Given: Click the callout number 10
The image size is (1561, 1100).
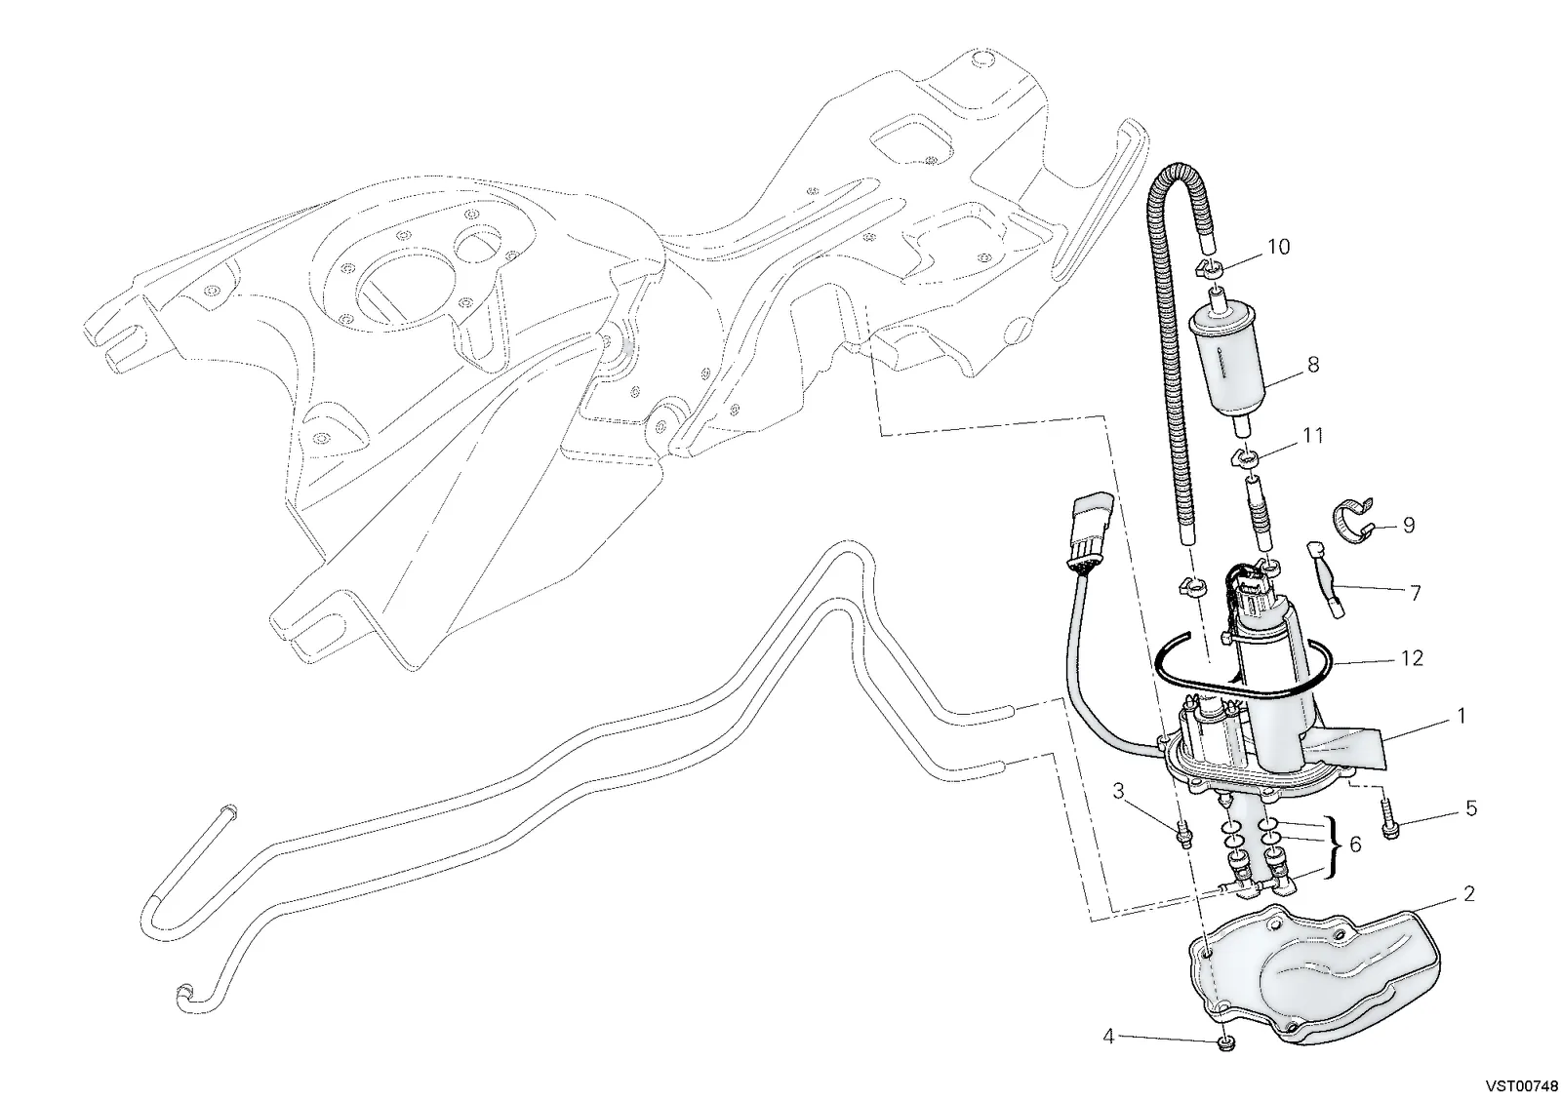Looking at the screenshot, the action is pyautogui.click(x=1278, y=247).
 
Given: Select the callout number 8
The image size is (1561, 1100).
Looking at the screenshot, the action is pyautogui.click(x=1313, y=365).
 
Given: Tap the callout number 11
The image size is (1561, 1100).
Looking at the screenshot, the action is pyautogui.click(x=1313, y=436).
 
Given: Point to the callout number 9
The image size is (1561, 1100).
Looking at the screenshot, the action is pyautogui.click(x=1409, y=526).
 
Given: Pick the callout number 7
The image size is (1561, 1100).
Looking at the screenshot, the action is pyautogui.click(x=1416, y=593).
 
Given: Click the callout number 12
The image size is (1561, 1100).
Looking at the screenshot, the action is pyautogui.click(x=1412, y=658).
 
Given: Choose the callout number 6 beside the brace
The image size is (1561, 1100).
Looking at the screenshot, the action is pyautogui.click(x=1355, y=845).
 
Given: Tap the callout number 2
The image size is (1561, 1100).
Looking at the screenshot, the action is pyautogui.click(x=1469, y=894).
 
